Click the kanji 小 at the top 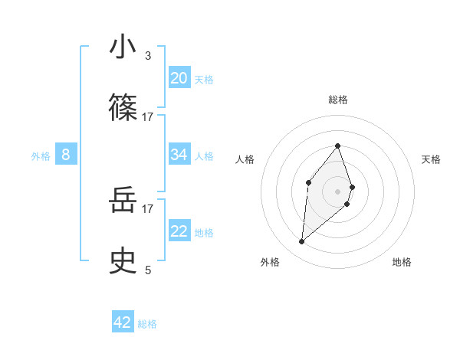click(123, 47)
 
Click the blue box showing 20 click(179, 77)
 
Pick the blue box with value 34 click(179, 155)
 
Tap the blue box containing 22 click(179, 231)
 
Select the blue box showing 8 click(66, 155)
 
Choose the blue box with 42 click(123, 322)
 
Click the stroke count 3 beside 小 click(148, 56)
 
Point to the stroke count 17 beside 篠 click(148, 116)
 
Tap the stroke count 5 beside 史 click(148, 270)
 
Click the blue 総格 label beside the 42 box click(147, 324)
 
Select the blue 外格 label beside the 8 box click(41, 155)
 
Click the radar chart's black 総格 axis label click(337, 100)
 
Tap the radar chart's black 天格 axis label click(432, 159)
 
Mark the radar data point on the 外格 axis click(302, 242)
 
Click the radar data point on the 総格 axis click(337, 146)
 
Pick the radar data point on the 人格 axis click(308, 182)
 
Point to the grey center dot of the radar click(337, 191)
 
